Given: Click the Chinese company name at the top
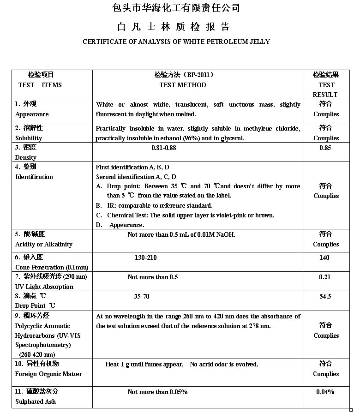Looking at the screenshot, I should pyautogui.click(x=176, y=8).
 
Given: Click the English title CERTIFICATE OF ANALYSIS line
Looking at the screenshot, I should pyautogui.click(x=176, y=42).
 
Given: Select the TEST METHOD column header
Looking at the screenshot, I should pyautogui.click(x=183, y=85).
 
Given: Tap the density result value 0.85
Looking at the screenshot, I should pyautogui.click(x=326, y=148).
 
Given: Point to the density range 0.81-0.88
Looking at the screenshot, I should pyautogui.click(x=163, y=148).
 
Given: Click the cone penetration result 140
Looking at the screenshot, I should pyautogui.click(x=324, y=257).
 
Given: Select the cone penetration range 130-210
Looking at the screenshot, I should pyautogui.click(x=145, y=257).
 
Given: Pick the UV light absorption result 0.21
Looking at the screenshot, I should pyautogui.click(x=325, y=277).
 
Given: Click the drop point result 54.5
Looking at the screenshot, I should pyautogui.click(x=325, y=296).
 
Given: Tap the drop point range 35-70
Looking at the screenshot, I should pyautogui.click(x=142, y=296).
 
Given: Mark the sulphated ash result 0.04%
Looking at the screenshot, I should pyautogui.click(x=325, y=392).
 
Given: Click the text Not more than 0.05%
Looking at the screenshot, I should pyautogui.click(x=157, y=392).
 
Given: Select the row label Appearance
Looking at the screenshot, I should pyautogui.click(x=32, y=114).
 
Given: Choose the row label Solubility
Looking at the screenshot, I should pyautogui.click(x=29, y=138).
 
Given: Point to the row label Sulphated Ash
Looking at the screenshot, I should pyautogui.click(x=36, y=401).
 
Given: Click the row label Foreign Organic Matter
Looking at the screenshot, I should pyautogui.click(x=48, y=374).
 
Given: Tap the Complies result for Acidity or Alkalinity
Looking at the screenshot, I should pyautogui.click(x=326, y=244).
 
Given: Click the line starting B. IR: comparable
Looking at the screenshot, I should pyautogui.click(x=154, y=205).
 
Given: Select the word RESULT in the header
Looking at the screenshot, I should pyautogui.click(x=325, y=95).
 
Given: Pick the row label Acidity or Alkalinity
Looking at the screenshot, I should pyautogui.click(x=44, y=244).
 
